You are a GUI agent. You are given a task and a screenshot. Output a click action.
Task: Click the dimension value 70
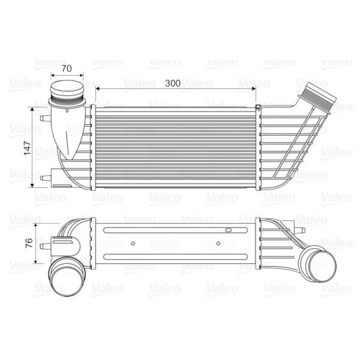[67, 68]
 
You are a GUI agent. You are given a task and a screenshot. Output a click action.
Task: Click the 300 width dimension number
[172, 83]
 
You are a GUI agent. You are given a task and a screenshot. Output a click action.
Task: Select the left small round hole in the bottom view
[133, 243]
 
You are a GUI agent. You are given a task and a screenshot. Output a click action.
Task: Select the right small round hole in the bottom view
[218, 243]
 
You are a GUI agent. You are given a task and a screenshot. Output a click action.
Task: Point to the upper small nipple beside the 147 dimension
[45, 118]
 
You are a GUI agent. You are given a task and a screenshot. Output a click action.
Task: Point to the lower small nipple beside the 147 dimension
[45, 177]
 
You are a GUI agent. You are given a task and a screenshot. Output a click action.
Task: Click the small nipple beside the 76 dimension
[45, 246]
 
